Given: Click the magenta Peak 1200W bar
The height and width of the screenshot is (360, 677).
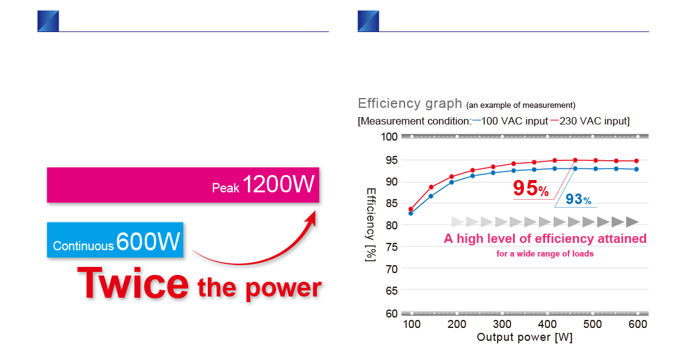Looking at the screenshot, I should coord(183,184).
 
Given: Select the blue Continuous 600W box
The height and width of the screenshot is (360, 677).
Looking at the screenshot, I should coord(115,240).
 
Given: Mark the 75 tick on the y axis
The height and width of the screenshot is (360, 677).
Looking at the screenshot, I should coord(391,247).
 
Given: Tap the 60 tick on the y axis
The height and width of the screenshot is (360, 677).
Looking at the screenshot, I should coord(391,313).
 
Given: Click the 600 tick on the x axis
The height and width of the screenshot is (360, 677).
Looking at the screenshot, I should coord(638,324).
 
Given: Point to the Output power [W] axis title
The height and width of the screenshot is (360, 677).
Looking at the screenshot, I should coord(525,338).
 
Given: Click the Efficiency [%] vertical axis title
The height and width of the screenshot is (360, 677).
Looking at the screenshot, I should coord(371,224).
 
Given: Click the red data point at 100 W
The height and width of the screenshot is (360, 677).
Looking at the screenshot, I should coord(411,209).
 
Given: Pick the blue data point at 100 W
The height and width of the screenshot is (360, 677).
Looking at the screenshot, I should coord(411,213).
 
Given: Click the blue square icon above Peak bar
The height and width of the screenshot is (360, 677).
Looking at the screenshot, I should coord(48,20).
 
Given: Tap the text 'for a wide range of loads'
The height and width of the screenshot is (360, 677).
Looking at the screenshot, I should coord(545,253).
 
